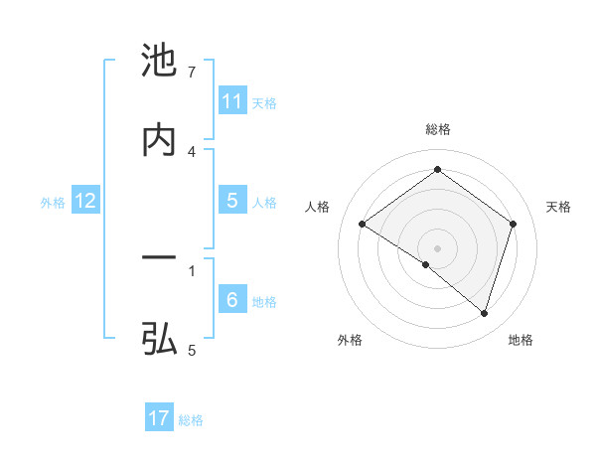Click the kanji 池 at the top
[x=159, y=62]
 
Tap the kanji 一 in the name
[x=159, y=259]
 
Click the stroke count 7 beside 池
[x=192, y=73]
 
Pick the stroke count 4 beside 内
[x=192, y=151]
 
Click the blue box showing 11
[x=232, y=101]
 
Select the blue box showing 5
[x=232, y=201]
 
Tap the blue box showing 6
[x=232, y=300]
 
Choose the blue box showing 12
[x=85, y=201]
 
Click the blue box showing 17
[x=159, y=418]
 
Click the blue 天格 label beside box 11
[x=264, y=102]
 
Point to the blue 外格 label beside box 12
[x=53, y=202]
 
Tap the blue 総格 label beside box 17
[x=191, y=419]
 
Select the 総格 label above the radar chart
[x=437, y=129]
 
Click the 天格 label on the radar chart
[x=559, y=207]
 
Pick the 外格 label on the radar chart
[x=350, y=340]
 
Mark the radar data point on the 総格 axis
[x=437, y=170]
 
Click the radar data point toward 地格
[x=484, y=314]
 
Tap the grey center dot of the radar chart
[x=437, y=247]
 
